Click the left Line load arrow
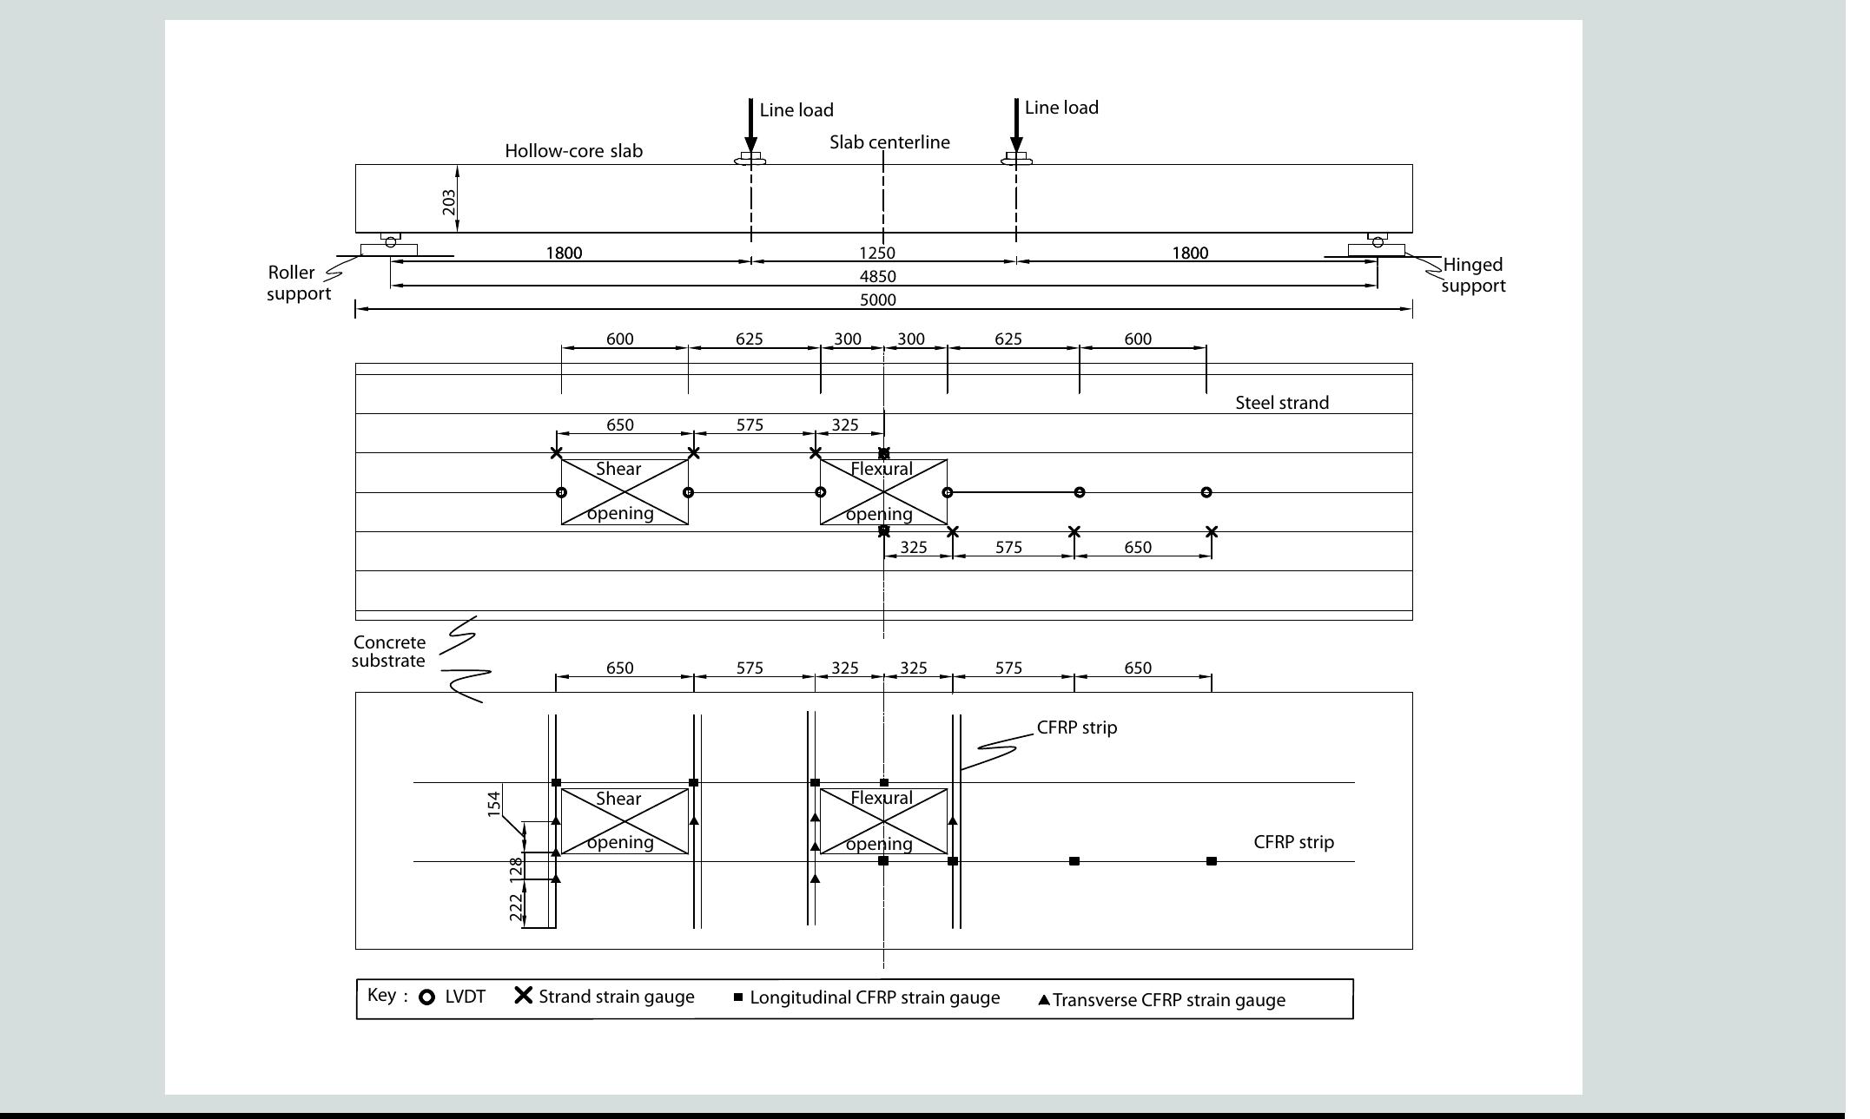(x=751, y=127)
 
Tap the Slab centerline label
(x=889, y=142)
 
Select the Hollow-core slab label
(x=573, y=151)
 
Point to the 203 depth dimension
(x=449, y=201)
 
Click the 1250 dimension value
(x=877, y=253)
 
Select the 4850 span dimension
(x=877, y=277)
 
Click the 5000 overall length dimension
(x=877, y=300)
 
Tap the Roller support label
(x=298, y=283)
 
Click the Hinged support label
(x=1473, y=275)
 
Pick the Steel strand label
(x=1282, y=403)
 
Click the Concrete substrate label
(x=389, y=652)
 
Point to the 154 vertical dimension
(x=494, y=803)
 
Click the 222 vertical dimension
(x=516, y=908)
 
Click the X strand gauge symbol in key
(x=523, y=996)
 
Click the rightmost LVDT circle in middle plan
(x=1206, y=492)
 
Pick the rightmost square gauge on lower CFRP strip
(x=1212, y=861)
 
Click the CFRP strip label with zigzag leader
(x=1076, y=727)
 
